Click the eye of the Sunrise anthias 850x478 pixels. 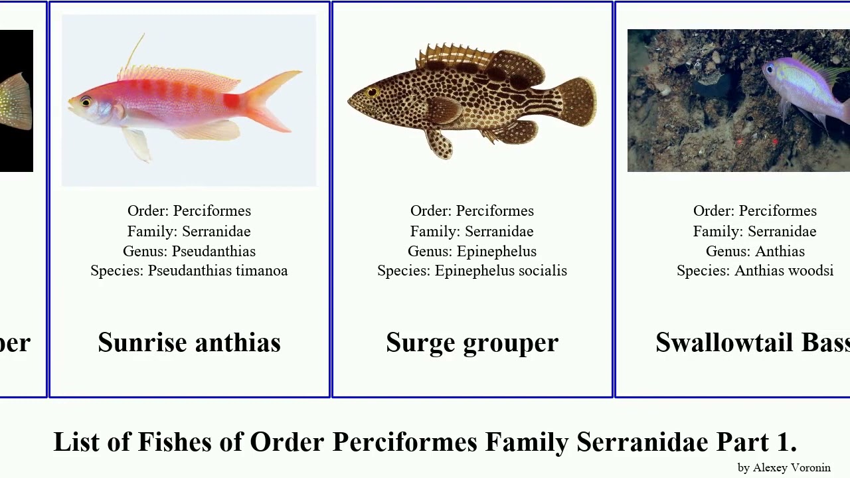pyautogui.click(x=86, y=102)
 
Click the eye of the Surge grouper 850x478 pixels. pyautogui.click(x=373, y=92)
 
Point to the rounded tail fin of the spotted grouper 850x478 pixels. pyautogui.click(x=576, y=101)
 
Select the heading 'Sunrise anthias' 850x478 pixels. pyautogui.click(x=189, y=343)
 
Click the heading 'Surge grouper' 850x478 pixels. pyautogui.click(x=472, y=343)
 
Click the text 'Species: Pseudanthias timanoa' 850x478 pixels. pyautogui.click(x=189, y=271)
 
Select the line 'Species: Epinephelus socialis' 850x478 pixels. pyautogui.click(x=472, y=271)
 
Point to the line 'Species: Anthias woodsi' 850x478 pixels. pyautogui.click(x=755, y=271)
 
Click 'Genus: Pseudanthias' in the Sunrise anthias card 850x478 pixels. pyautogui.click(x=189, y=251)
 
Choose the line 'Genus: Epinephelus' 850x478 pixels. pyautogui.click(x=472, y=251)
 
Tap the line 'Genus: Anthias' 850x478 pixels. pyautogui.click(x=755, y=251)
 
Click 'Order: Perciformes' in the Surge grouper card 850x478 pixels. pyautogui.click(x=472, y=211)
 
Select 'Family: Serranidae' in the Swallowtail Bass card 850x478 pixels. pyautogui.click(x=755, y=231)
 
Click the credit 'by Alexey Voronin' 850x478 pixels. pyautogui.click(x=784, y=467)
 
